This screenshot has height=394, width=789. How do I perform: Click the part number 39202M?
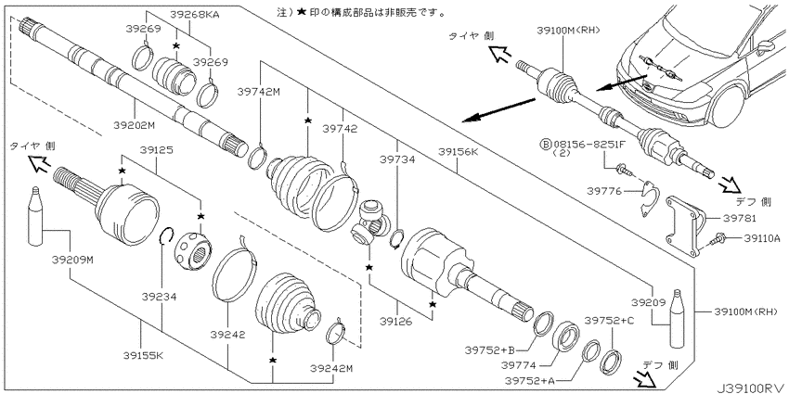[134, 125]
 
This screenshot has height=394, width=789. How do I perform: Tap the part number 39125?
[157, 149]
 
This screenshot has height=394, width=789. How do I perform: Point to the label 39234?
[159, 297]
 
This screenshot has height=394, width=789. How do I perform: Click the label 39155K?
[143, 355]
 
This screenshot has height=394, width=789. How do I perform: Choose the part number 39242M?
[331, 369]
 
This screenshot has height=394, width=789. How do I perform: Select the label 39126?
[396, 321]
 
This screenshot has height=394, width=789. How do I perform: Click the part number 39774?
[518, 365]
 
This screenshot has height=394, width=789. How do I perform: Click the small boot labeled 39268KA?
[174, 75]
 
